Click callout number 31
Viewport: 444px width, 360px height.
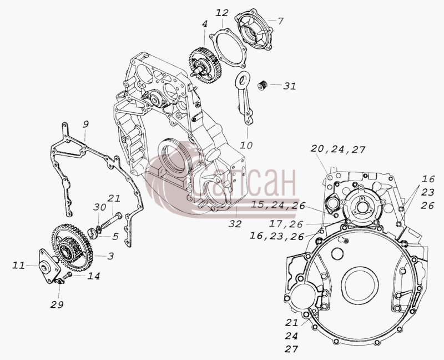(x=290, y=86)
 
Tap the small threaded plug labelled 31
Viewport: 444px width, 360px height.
(x=263, y=85)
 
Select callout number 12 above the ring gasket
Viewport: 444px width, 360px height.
(x=222, y=13)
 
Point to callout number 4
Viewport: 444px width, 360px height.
(x=204, y=24)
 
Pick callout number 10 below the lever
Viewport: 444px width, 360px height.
(x=246, y=145)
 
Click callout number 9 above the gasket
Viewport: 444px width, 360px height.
(x=86, y=124)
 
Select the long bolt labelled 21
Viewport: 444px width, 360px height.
(x=111, y=221)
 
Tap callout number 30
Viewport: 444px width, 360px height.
(x=99, y=207)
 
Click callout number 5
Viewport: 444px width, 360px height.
(x=115, y=237)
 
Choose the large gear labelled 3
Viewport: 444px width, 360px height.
(x=73, y=247)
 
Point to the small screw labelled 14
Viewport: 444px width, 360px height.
(x=67, y=275)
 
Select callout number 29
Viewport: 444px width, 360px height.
(x=57, y=305)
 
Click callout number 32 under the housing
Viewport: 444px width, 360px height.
(x=235, y=224)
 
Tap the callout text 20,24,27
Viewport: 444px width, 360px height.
(x=338, y=149)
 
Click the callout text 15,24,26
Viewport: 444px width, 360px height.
(x=278, y=205)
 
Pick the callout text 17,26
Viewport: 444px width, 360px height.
(x=286, y=224)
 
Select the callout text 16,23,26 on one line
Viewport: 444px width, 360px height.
(x=277, y=236)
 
